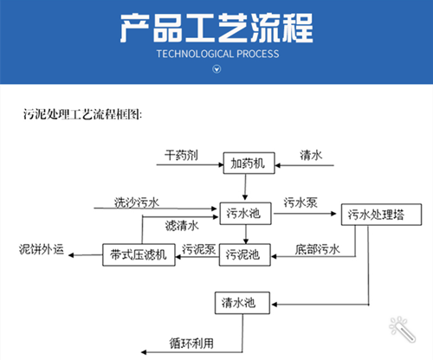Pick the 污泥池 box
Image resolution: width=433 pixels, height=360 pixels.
(244, 254)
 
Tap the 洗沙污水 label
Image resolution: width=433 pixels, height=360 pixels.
(137, 203)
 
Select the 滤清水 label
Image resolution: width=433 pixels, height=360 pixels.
(181, 227)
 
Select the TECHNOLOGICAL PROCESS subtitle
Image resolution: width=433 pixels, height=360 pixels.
(216, 54)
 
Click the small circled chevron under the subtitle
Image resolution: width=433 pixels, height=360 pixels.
(216, 70)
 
